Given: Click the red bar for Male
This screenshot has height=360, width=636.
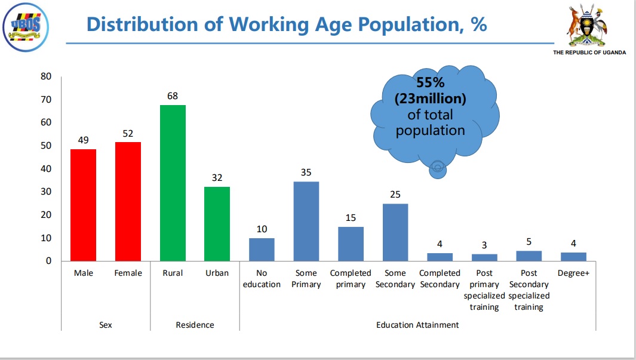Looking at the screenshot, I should pos(83,205).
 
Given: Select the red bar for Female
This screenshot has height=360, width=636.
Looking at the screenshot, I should pos(128,201).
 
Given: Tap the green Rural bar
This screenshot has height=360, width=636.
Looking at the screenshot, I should pos(173,183).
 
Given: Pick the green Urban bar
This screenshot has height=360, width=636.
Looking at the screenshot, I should pos(217,224).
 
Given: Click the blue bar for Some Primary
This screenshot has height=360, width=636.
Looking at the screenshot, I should pos(306,221).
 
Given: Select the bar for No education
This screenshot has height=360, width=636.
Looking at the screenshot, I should pos(262,250).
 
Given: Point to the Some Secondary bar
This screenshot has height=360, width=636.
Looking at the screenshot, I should pos(395,232).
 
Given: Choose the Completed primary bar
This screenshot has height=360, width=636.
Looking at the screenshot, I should pos(351,244).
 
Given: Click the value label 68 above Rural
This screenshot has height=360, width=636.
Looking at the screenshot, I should pos(173,96).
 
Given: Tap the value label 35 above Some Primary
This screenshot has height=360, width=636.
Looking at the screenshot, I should pos(306,173).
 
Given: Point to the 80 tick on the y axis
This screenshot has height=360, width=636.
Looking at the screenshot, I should pos(46,76).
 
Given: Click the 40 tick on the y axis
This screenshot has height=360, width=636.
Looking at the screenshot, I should pos(46,169).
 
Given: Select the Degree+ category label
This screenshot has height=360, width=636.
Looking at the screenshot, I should pos(573,273).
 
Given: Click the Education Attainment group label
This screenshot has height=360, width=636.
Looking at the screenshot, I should pos(417,325).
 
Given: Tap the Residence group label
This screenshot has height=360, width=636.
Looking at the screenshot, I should pos(195,325).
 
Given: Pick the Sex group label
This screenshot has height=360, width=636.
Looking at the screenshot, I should pos(106,325).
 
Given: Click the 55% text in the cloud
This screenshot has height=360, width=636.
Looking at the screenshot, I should pos(430,84).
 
